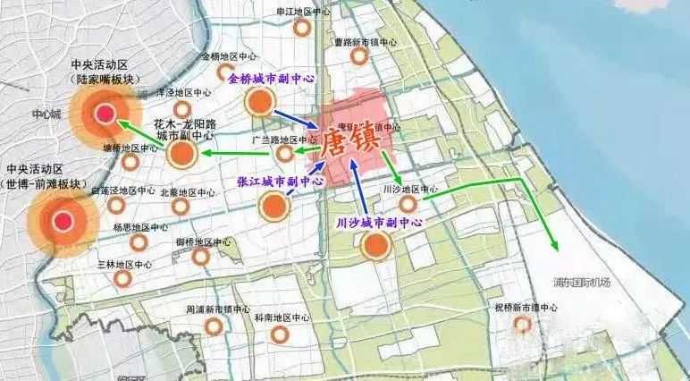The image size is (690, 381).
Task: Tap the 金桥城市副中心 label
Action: coord(272,79)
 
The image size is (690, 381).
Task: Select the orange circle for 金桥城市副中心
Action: coord(259,101)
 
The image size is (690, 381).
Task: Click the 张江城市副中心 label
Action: coord(280,181)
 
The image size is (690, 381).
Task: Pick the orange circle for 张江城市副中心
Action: coord(274,207)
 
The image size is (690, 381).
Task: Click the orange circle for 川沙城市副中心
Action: coord(376,245)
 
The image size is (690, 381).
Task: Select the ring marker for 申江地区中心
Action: coord(303,28)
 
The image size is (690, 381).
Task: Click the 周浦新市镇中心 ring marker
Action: coord(214,326)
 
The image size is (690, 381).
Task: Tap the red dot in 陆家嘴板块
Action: coord(105,114)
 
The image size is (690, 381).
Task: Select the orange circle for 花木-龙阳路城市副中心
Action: coord(183,155)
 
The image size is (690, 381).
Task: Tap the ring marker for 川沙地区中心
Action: coord(408,205)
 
